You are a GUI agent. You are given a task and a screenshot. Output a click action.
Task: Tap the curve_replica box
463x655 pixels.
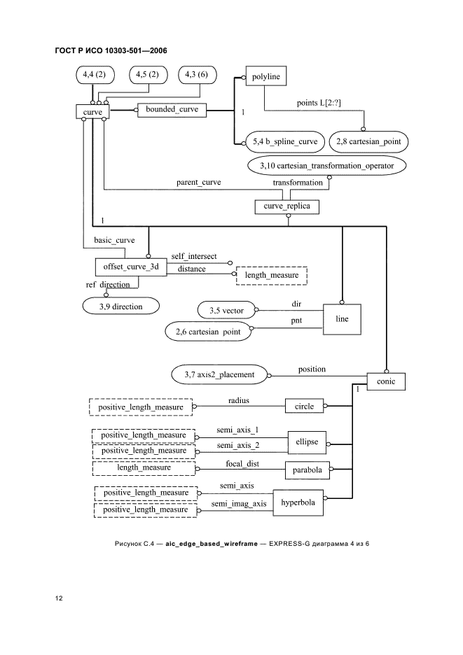pyautogui.click(x=286, y=206)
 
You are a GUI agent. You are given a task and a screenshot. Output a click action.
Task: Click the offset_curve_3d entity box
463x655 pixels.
pyautogui.click(x=130, y=267)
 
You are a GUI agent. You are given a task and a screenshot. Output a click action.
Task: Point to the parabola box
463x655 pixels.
pyautogui.click(x=307, y=471)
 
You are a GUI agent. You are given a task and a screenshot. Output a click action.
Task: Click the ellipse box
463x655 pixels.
pyautogui.click(x=308, y=442)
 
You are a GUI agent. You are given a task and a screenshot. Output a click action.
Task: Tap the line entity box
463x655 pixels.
pyautogui.click(x=341, y=323)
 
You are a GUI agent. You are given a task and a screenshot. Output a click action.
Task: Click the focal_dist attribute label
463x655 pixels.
pyautogui.click(x=242, y=463)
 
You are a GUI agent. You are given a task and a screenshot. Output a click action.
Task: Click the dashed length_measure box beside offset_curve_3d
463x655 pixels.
pyautogui.click(x=272, y=275)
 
